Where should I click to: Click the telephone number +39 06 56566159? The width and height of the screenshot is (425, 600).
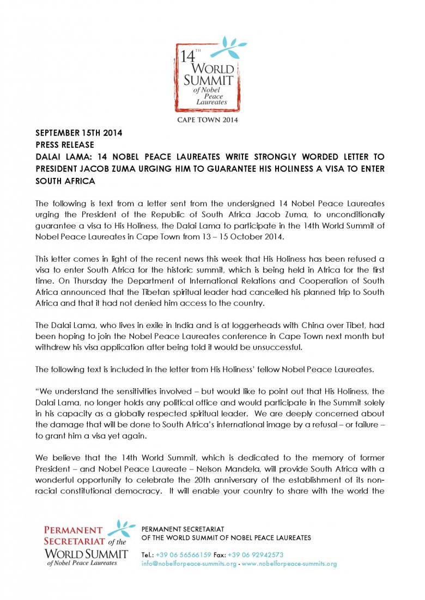[x=183, y=555]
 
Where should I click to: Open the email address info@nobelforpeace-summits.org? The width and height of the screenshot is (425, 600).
[x=189, y=564]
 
